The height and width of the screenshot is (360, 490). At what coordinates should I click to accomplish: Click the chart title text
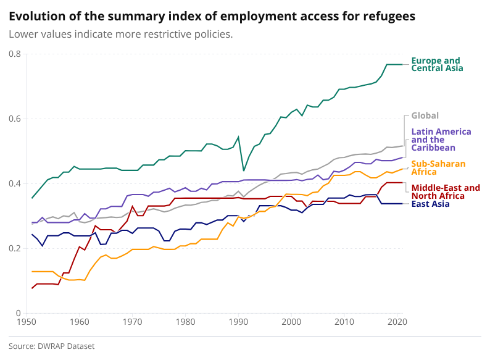point(212,15)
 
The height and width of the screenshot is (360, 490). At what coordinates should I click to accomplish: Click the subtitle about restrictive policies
point(120,33)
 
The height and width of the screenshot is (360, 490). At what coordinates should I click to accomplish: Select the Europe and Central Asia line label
point(436,64)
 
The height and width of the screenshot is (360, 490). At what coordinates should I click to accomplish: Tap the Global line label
point(425,115)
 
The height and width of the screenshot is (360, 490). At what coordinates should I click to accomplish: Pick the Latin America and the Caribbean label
point(441,140)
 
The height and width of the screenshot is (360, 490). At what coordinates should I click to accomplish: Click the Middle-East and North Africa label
point(446,191)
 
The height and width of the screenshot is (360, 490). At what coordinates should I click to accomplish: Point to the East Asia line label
point(431,204)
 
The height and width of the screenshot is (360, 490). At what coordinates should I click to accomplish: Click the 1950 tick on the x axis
point(26,322)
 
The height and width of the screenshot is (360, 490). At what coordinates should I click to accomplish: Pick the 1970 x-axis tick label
point(132,322)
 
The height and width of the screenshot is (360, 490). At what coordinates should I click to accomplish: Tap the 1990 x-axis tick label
point(238,322)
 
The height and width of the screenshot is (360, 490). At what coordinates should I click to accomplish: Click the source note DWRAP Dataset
point(52,346)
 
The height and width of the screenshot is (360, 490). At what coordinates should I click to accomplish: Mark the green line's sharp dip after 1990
point(244,170)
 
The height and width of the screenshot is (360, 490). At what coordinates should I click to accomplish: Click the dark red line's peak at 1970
point(132,206)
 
